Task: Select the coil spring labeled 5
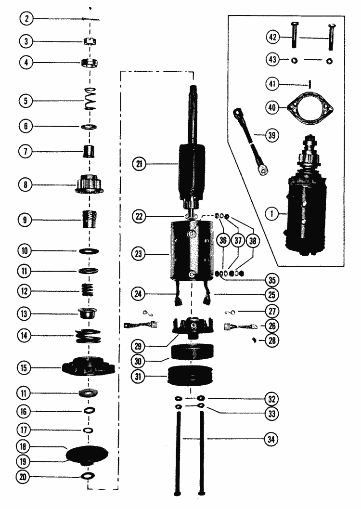pos(90,100)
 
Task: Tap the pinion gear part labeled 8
pos(90,184)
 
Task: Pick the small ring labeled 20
pos(89,476)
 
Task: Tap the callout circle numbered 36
pos(223,242)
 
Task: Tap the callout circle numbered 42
pos(272,37)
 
